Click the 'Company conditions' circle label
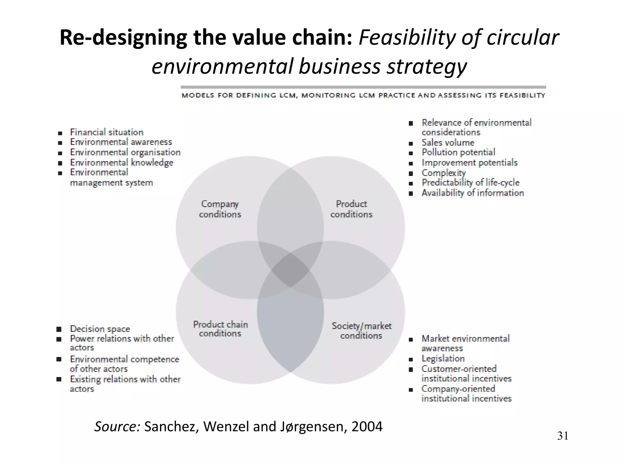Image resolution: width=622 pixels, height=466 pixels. pyautogui.click(x=220, y=209)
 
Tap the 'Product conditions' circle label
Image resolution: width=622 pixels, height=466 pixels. pyautogui.click(x=351, y=209)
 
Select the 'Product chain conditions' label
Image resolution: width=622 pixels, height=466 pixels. pyautogui.click(x=220, y=329)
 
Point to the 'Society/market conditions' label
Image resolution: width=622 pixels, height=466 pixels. pyautogui.click(x=361, y=330)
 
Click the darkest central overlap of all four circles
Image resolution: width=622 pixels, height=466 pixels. pyautogui.click(x=290, y=270)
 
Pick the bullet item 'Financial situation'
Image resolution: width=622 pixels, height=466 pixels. pyautogui.click(x=107, y=132)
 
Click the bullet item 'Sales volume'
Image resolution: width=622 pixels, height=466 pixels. pyautogui.click(x=448, y=143)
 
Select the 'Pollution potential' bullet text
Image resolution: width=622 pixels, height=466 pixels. pyautogui.click(x=458, y=152)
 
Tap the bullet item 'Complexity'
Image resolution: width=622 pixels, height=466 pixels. pyautogui.click(x=443, y=173)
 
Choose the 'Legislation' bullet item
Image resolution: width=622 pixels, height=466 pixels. pyautogui.click(x=443, y=359)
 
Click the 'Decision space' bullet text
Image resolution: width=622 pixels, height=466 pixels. pyautogui.click(x=100, y=329)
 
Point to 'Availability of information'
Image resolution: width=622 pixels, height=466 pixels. pyautogui.click(x=473, y=193)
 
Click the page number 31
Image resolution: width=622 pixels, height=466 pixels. pyautogui.click(x=562, y=436)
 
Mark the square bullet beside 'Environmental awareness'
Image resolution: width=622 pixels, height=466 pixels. pyautogui.click(x=60, y=143)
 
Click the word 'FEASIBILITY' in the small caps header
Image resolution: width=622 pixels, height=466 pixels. pyautogui.click(x=522, y=96)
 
